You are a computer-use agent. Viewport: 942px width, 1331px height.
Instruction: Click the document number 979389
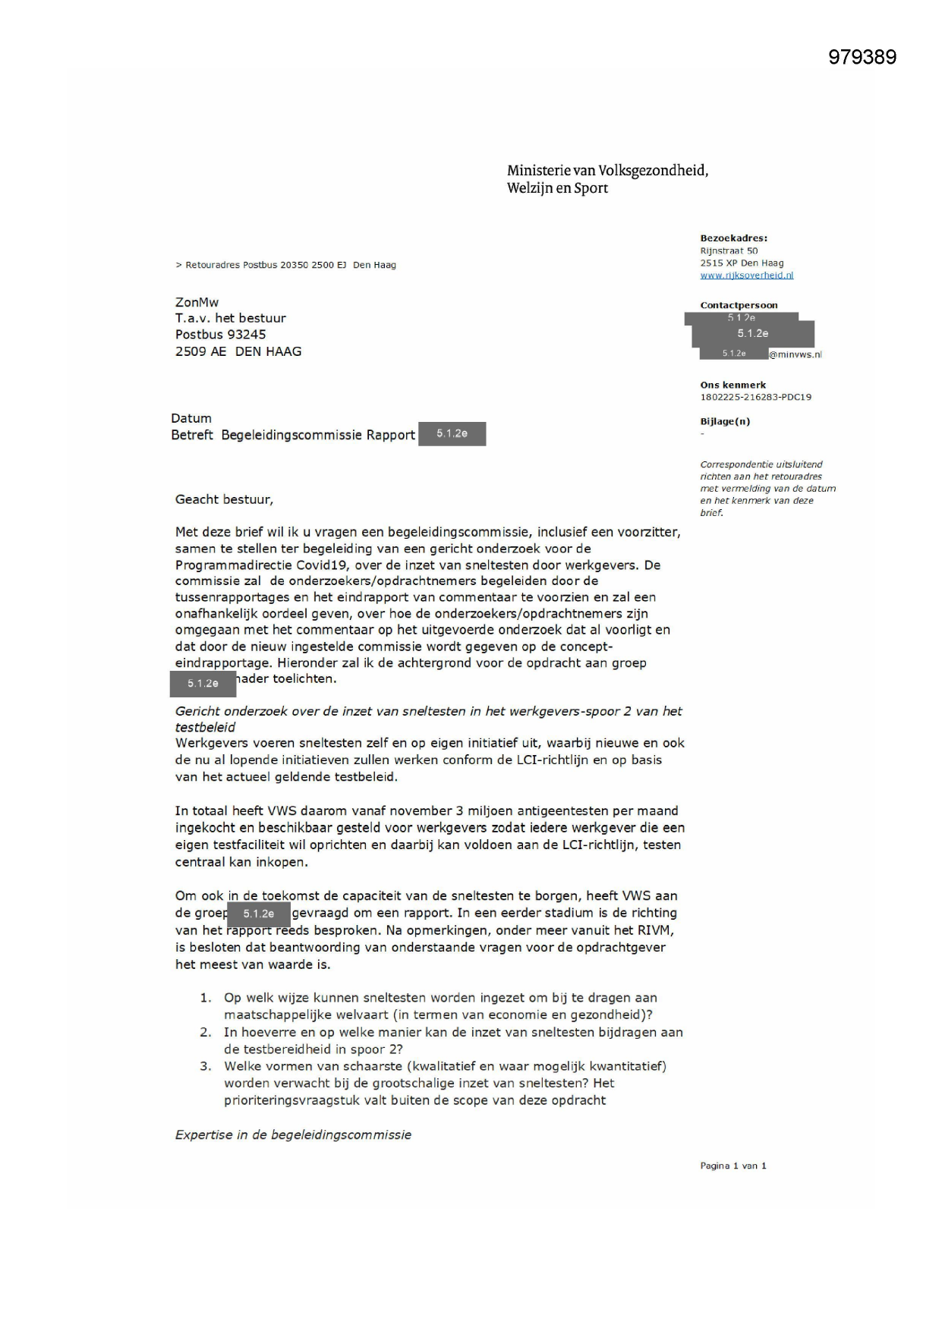(862, 58)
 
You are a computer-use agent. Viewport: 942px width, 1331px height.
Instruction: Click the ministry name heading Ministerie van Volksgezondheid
(607, 171)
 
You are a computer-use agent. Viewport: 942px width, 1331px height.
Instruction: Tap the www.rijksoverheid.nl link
(746, 275)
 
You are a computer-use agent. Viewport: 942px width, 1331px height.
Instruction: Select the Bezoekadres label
(733, 238)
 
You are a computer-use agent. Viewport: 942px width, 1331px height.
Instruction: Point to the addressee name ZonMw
(197, 302)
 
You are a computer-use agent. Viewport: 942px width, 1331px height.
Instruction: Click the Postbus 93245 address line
(220, 335)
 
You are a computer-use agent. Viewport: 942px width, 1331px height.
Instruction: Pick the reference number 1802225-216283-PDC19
(755, 397)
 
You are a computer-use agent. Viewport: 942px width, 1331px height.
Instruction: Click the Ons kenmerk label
(732, 385)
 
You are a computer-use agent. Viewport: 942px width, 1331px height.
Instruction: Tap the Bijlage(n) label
(725, 421)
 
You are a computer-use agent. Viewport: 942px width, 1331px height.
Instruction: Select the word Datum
(191, 418)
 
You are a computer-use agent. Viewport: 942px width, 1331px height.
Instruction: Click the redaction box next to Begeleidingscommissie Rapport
(452, 434)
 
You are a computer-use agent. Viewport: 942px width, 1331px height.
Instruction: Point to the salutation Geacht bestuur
(224, 499)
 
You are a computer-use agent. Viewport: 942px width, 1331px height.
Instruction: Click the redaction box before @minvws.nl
(733, 354)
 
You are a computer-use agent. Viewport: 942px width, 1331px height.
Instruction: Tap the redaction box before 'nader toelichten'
(203, 684)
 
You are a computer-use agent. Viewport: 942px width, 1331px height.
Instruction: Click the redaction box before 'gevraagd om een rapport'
(259, 914)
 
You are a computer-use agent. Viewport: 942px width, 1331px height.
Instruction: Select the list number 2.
(206, 1032)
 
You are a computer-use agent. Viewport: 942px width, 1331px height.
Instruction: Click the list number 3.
(206, 1066)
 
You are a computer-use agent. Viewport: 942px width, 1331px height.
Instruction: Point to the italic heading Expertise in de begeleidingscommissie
(293, 1134)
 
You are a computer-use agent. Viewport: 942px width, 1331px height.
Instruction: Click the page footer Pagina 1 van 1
(732, 1166)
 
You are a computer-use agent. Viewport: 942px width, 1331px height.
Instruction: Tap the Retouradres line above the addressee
(285, 265)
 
